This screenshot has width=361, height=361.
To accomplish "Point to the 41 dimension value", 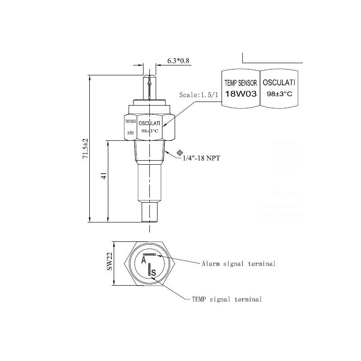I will [x=103, y=176].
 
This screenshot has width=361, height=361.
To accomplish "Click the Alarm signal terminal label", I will [x=238, y=264].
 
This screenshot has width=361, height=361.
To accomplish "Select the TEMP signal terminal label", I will [x=227, y=299].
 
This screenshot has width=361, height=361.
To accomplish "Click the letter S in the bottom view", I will [x=154, y=272].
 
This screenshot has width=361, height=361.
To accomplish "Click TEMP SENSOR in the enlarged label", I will [x=241, y=83].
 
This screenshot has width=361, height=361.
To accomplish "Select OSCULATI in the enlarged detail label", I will [x=279, y=83].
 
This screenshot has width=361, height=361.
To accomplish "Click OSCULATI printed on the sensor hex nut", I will [x=149, y=123].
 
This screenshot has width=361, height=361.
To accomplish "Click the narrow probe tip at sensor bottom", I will [x=149, y=212].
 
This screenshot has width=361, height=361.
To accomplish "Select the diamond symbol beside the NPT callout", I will [x=180, y=153].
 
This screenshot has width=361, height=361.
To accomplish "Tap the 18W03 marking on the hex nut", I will [x=130, y=133].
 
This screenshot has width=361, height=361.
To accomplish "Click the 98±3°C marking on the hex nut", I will [x=149, y=131].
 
